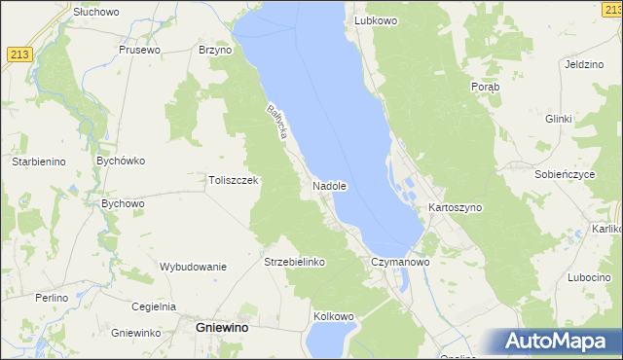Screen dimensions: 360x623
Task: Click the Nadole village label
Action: click(330, 185)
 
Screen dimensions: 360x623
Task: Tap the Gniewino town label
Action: click(221, 329)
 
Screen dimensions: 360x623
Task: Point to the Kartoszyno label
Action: click(456, 208)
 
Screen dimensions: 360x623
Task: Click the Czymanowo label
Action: click(400, 262)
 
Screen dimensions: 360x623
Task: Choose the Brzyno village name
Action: click(214, 50)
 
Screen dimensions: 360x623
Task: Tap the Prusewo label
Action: click(138, 50)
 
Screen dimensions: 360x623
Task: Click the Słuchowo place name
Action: click(95, 12)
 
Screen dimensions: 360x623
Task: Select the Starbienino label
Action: click(38, 162)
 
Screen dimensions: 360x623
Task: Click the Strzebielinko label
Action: click(294, 262)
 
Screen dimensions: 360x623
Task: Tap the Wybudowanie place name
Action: click(193, 267)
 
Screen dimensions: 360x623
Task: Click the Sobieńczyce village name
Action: click(565, 174)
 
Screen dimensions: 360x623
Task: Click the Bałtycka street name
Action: click(275, 122)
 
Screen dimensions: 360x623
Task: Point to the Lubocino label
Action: click(588, 277)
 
